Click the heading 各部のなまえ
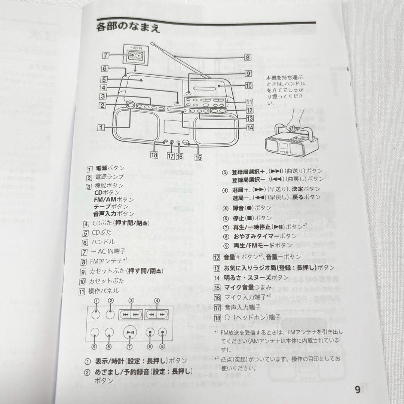(x=128, y=28)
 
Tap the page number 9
(x=358, y=389)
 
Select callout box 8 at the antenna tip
(x=248, y=58)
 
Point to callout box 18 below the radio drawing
(x=154, y=155)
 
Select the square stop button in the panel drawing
(x=150, y=332)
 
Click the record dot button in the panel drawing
(x=162, y=332)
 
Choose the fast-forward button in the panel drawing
(x=162, y=315)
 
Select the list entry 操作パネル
(x=103, y=291)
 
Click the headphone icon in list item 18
(x=227, y=318)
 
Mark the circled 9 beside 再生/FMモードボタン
(x=225, y=246)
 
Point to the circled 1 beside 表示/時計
(x=87, y=361)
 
